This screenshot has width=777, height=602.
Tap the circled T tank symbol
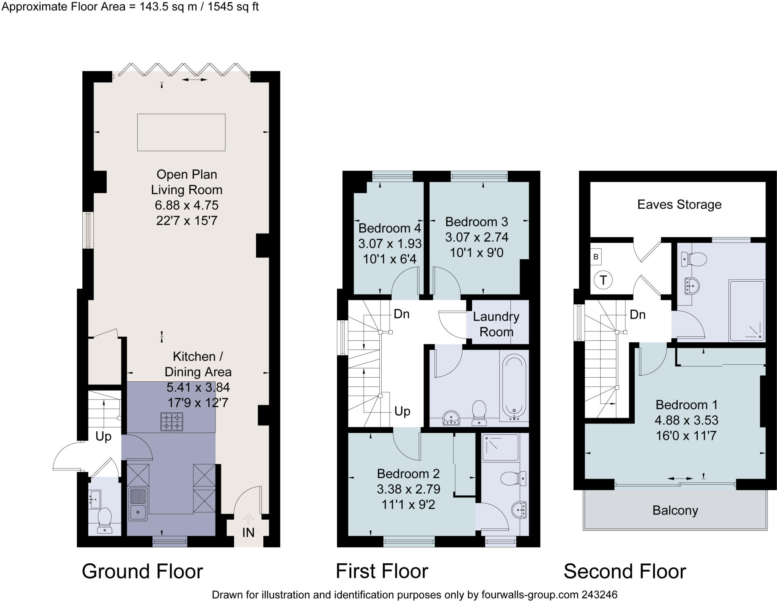tap(603, 281)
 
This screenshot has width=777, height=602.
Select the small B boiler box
tap(596, 257)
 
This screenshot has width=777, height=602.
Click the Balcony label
tap(675, 510)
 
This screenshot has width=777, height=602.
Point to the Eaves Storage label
tap(679, 205)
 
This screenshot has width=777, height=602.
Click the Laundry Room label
tap(496, 324)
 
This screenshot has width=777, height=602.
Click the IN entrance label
tap(248, 533)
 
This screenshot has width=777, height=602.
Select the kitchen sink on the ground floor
tap(138, 504)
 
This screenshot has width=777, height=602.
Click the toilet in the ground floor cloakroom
tap(104, 519)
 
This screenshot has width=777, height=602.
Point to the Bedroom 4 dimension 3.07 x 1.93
tap(390, 243)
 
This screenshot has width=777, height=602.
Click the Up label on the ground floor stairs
tap(103, 436)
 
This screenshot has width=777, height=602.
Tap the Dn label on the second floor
tap(637, 315)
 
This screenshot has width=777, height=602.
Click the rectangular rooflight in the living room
tap(181, 132)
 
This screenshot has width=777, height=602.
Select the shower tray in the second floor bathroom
tap(746, 311)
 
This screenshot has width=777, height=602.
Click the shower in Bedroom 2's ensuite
tap(500, 447)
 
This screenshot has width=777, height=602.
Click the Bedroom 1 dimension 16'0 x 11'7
tap(686, 436)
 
